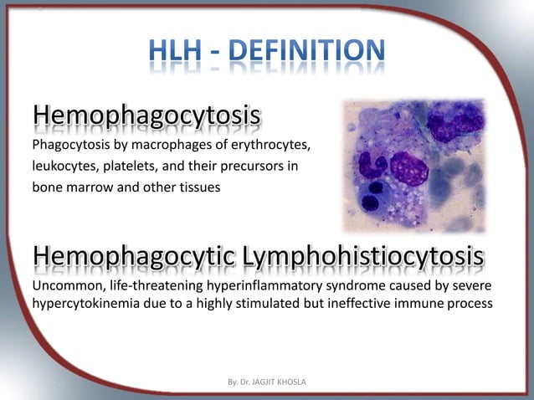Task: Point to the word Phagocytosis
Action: click(68, 146)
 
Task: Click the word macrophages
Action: click(157, 146)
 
